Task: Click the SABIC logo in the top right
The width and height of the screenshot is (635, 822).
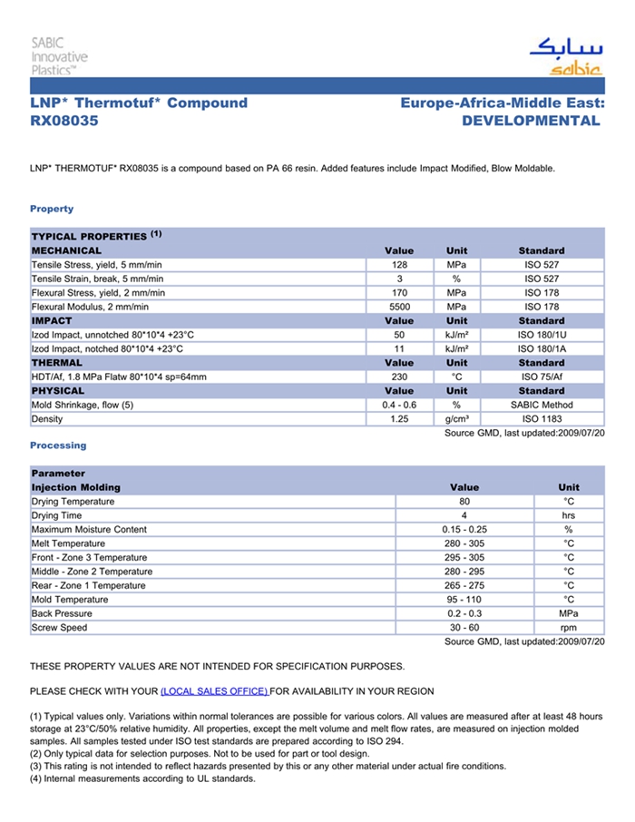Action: pyautogui.click(x=565, y=56)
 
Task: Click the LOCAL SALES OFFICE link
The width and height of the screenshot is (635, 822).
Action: pyautogui.click(x=214, y=691)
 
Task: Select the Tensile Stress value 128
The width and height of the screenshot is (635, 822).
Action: pyautogui.click(x=398, y=265)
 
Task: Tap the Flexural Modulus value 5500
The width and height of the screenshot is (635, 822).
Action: pyautogui.click(x=398, y=307)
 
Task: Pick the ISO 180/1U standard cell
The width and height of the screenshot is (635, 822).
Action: pyautogui.click(x=542, y=335)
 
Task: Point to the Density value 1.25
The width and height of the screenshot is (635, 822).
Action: pyautogui.click(x=398, y=419)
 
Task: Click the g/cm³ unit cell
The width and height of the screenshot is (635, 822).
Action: pyautogui.click(x=456, y=419)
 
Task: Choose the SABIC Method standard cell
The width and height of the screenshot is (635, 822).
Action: pyautogui.click(x=542, y=405)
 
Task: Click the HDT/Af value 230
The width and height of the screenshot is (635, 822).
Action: pyautogui.click(x=398, y=377)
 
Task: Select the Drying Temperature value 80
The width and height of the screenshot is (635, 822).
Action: pyautogui.click(x=464, y=502)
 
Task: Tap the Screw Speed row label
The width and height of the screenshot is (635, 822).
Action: pyautogui.click(x=60, y=628)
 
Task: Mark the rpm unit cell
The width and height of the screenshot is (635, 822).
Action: pyautogui.click(x=569, y=628)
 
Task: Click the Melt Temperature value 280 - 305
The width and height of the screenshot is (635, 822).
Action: pyautogui.click(x=464, y=543)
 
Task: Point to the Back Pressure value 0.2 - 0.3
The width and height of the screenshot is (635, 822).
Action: pyautogui.click(x=464, y=614)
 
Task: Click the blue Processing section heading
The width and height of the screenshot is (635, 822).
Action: pyautogui.click(x=58, y=445)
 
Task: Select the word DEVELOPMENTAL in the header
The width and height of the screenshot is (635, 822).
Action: pyautogui.click(x=531, y=121)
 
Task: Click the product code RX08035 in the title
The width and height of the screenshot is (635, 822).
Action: pyautogui.click(x=63, y=121)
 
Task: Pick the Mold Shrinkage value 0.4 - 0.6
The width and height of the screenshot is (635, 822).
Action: pyautogui.click(x=398, y=405)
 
